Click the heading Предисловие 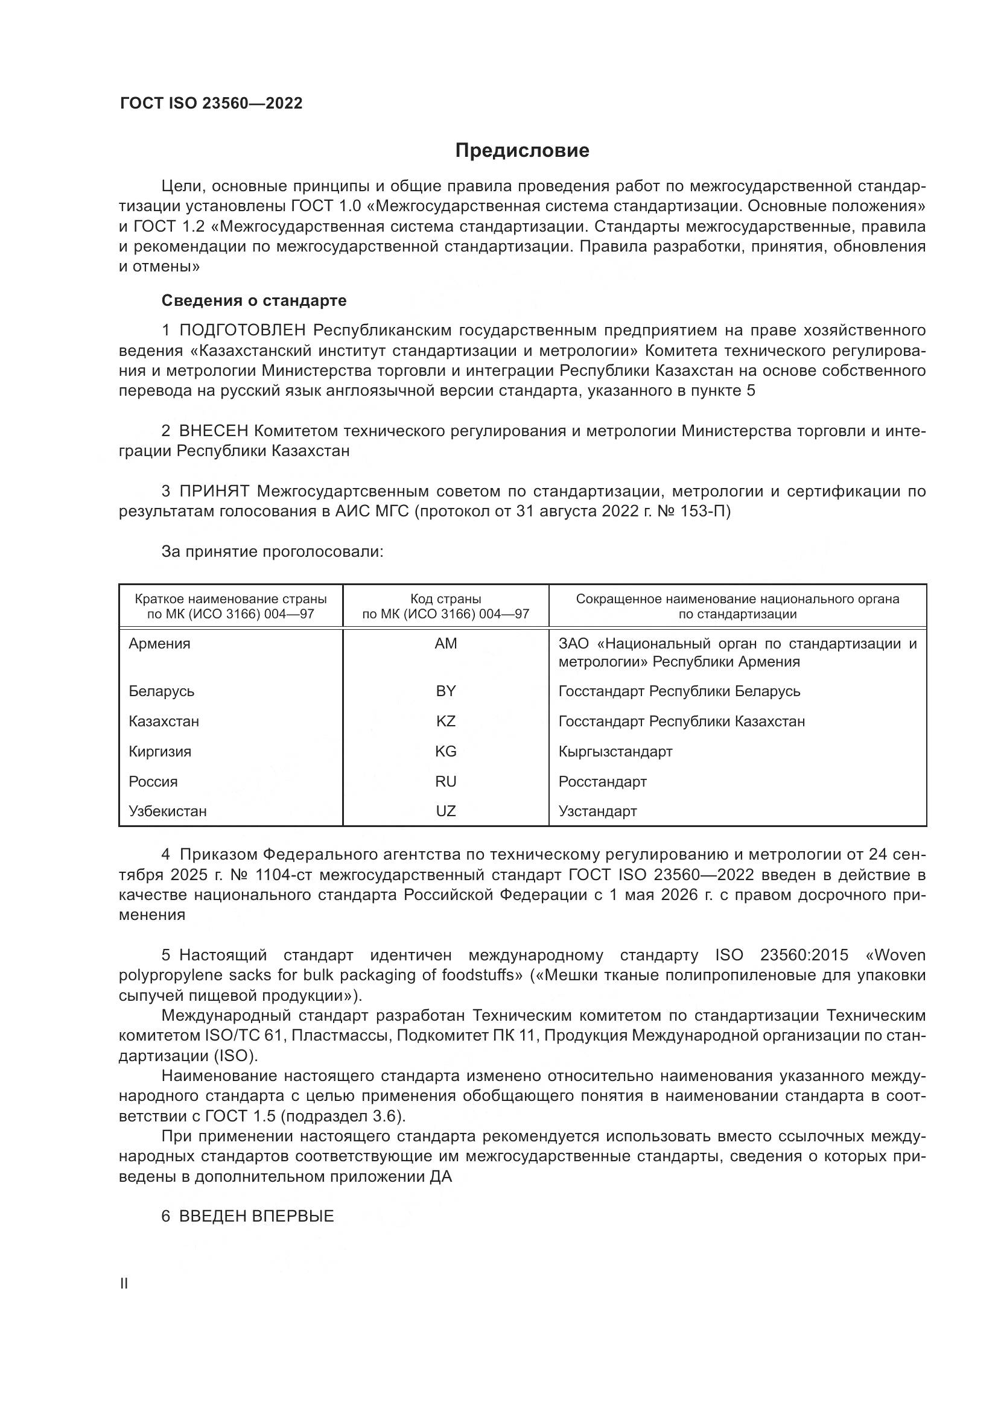pos(522,151)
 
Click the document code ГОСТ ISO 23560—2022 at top pos(211,103)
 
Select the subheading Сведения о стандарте pos(254,300)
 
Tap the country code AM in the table pos(445,644)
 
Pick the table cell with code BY pos(445,691)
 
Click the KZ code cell pos(445,721)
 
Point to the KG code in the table pos(445,751)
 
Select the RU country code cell pos(445,781)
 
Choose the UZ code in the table pos(445,811)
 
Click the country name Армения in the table pos(160,644)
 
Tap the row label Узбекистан pos(168,811)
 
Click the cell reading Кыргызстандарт pos(615,751)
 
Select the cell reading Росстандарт pos(602,781)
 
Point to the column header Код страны pos(445,598)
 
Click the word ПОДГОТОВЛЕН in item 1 pos(242,331)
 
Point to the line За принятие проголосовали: pos(272,551)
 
